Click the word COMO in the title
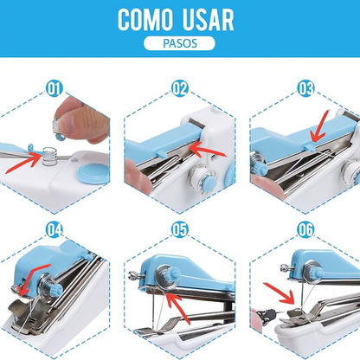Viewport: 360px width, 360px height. [x=145, y=20]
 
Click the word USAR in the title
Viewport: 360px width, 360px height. [x=207, y=20]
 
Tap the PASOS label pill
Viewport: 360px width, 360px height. [x=179, y=43]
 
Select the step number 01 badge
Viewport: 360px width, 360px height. [x=55, y=88]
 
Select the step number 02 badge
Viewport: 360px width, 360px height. [x=180, y=88]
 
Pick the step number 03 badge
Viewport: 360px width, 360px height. [x=305, y=88]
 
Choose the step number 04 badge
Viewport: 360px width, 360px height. [x=55, y=230]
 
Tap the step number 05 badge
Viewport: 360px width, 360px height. [x=180, y=230]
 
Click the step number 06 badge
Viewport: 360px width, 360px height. [x=305, y=230]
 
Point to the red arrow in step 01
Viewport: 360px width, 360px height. [x=23, y=164]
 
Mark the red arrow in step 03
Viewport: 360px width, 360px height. [x=321, y=127]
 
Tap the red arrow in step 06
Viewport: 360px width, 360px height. [x=280, y=293]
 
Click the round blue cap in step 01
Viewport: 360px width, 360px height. [x=92, y=174]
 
